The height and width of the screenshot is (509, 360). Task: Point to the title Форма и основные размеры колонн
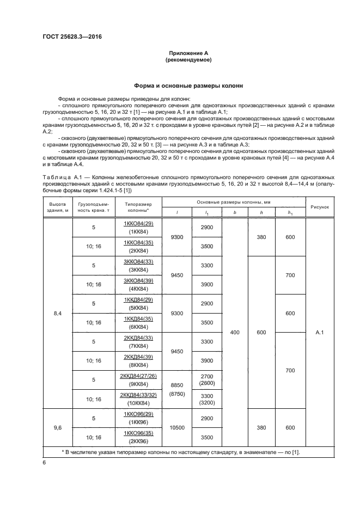[188, 85]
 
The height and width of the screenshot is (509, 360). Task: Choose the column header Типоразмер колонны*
[138, 207]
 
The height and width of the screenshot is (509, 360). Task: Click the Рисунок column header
[319, 207]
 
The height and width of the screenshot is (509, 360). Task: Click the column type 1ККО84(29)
[138, 224]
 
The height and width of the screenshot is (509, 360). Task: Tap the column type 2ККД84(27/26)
[138, 376]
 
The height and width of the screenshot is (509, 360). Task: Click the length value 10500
[176, 428]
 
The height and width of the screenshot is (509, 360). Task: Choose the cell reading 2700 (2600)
[207, 379]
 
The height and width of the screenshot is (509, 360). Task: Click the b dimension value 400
[235, 333]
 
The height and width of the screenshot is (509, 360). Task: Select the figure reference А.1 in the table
[319, 333]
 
